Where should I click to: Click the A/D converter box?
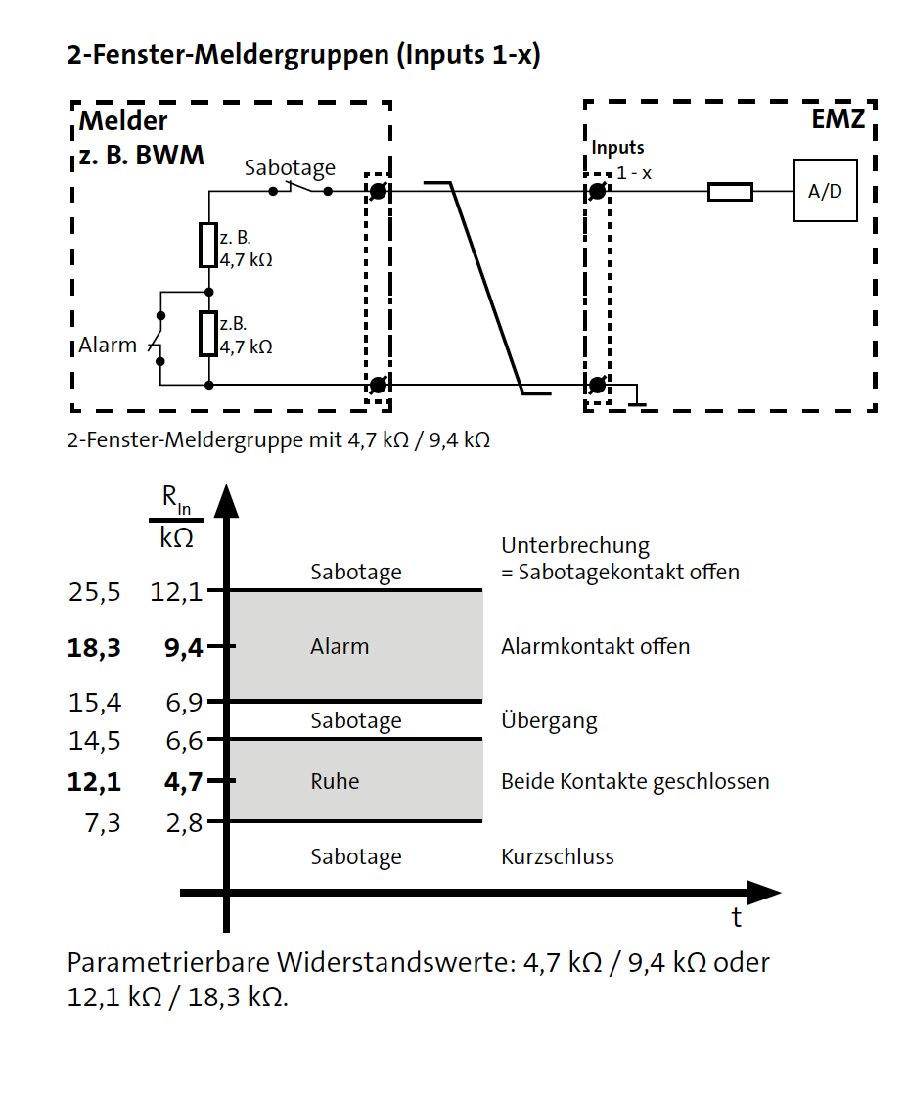click(825, 191)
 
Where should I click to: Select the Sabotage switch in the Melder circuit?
click(299, 189)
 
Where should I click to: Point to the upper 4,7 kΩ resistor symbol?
click(207, 245)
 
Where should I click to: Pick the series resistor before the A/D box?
click(730, 192)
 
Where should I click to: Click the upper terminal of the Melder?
click(378, 191)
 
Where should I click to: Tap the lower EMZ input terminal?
click(597, 384)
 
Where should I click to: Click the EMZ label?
click(838, 120)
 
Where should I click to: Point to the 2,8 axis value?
click(183, 823)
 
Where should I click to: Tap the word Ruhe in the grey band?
click(335, 782)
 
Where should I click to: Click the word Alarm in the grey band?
click(340, 647)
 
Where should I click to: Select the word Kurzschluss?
click(558, 857)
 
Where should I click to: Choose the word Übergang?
click(549, 722)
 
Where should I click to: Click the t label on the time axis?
click(736, 918)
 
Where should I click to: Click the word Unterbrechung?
click(575, 546)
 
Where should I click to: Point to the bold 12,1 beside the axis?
click(94, 782)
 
